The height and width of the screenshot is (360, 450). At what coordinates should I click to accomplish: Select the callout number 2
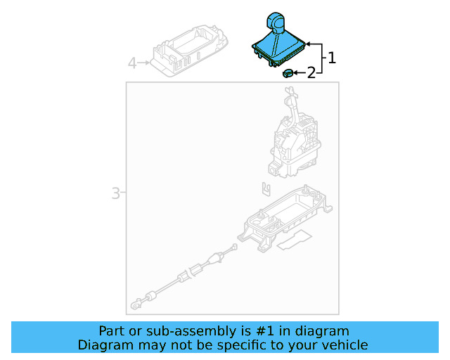coord(311,72)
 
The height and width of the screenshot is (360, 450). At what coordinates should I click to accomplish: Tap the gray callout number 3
coord(115,193)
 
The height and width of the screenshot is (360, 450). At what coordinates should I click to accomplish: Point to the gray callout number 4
coord(131,64)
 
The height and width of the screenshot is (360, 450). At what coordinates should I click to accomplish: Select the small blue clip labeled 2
coord(288,72)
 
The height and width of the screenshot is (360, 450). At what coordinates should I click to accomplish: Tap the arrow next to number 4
coord(144,64)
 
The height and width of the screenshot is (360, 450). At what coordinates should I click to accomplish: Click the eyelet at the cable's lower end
coord(134,307)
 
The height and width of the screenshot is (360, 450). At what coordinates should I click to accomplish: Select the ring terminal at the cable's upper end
coord(234,246)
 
